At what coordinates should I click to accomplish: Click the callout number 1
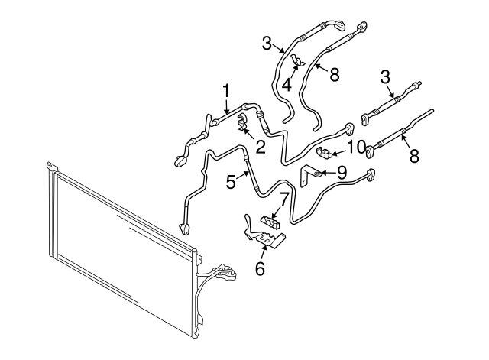(x=226, y=92)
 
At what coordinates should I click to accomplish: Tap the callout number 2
(x=261, y=146)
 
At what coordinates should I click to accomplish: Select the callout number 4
(x=287, y=85)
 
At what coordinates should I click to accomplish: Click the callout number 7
(x=283, y=198)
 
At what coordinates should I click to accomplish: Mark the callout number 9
(x=342, y=171)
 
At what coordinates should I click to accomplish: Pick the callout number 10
(x=356, y=146)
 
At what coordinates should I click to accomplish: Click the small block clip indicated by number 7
(x=271, y=222)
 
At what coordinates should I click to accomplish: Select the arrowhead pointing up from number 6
(x=264, y=246)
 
